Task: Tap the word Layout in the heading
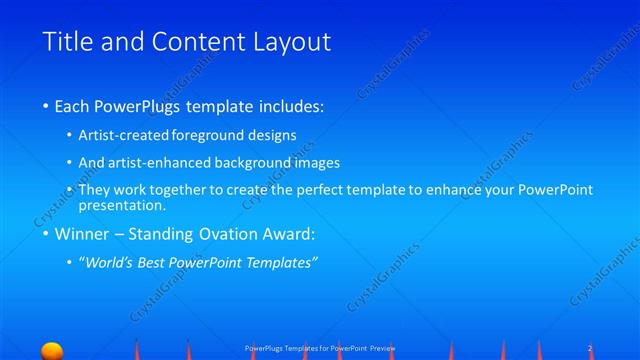(290, 42)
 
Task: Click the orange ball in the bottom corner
(51, 351)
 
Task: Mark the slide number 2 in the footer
(591, 347)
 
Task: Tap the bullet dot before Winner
(46, 236)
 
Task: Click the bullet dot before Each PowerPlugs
(46, 105)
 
